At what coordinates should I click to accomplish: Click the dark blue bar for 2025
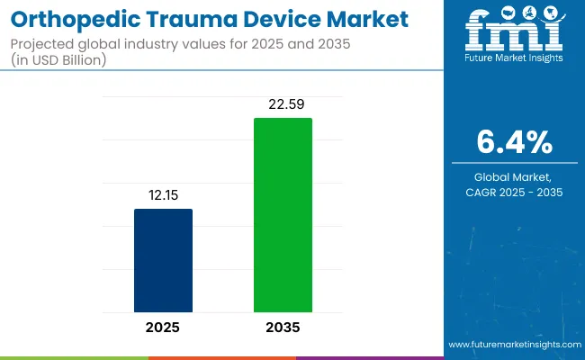coord(163,260)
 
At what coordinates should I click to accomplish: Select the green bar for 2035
coord(283,215)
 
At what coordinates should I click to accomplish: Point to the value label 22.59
coord(283,104)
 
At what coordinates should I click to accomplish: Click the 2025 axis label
coord(163,328)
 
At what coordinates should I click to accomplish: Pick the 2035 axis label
coord(283,328)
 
